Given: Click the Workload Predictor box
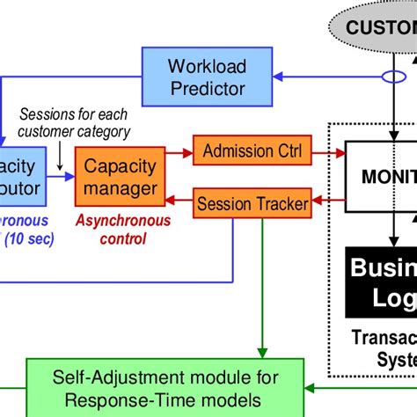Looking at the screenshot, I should (208, 77).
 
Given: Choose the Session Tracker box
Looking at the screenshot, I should (252, 205).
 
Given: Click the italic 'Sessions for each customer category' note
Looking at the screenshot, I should (75, 124).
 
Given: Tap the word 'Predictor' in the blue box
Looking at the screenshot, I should (208, 89).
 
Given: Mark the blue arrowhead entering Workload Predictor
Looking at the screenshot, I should (280, 78).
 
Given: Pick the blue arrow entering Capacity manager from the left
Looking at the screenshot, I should (62, 177).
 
